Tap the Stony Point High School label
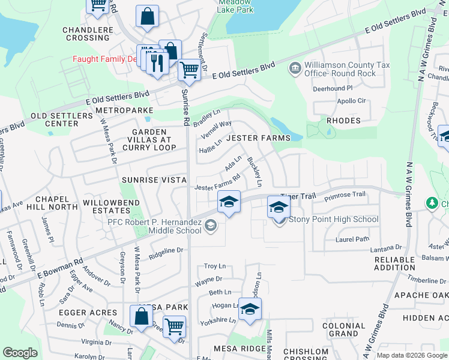[334, 220]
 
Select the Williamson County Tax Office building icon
[295, 67]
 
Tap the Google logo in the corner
[20, 353]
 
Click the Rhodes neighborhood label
[343, 121]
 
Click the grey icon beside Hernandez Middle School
[210, 226]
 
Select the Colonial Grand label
[343, 329]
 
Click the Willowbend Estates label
[108, 207]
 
